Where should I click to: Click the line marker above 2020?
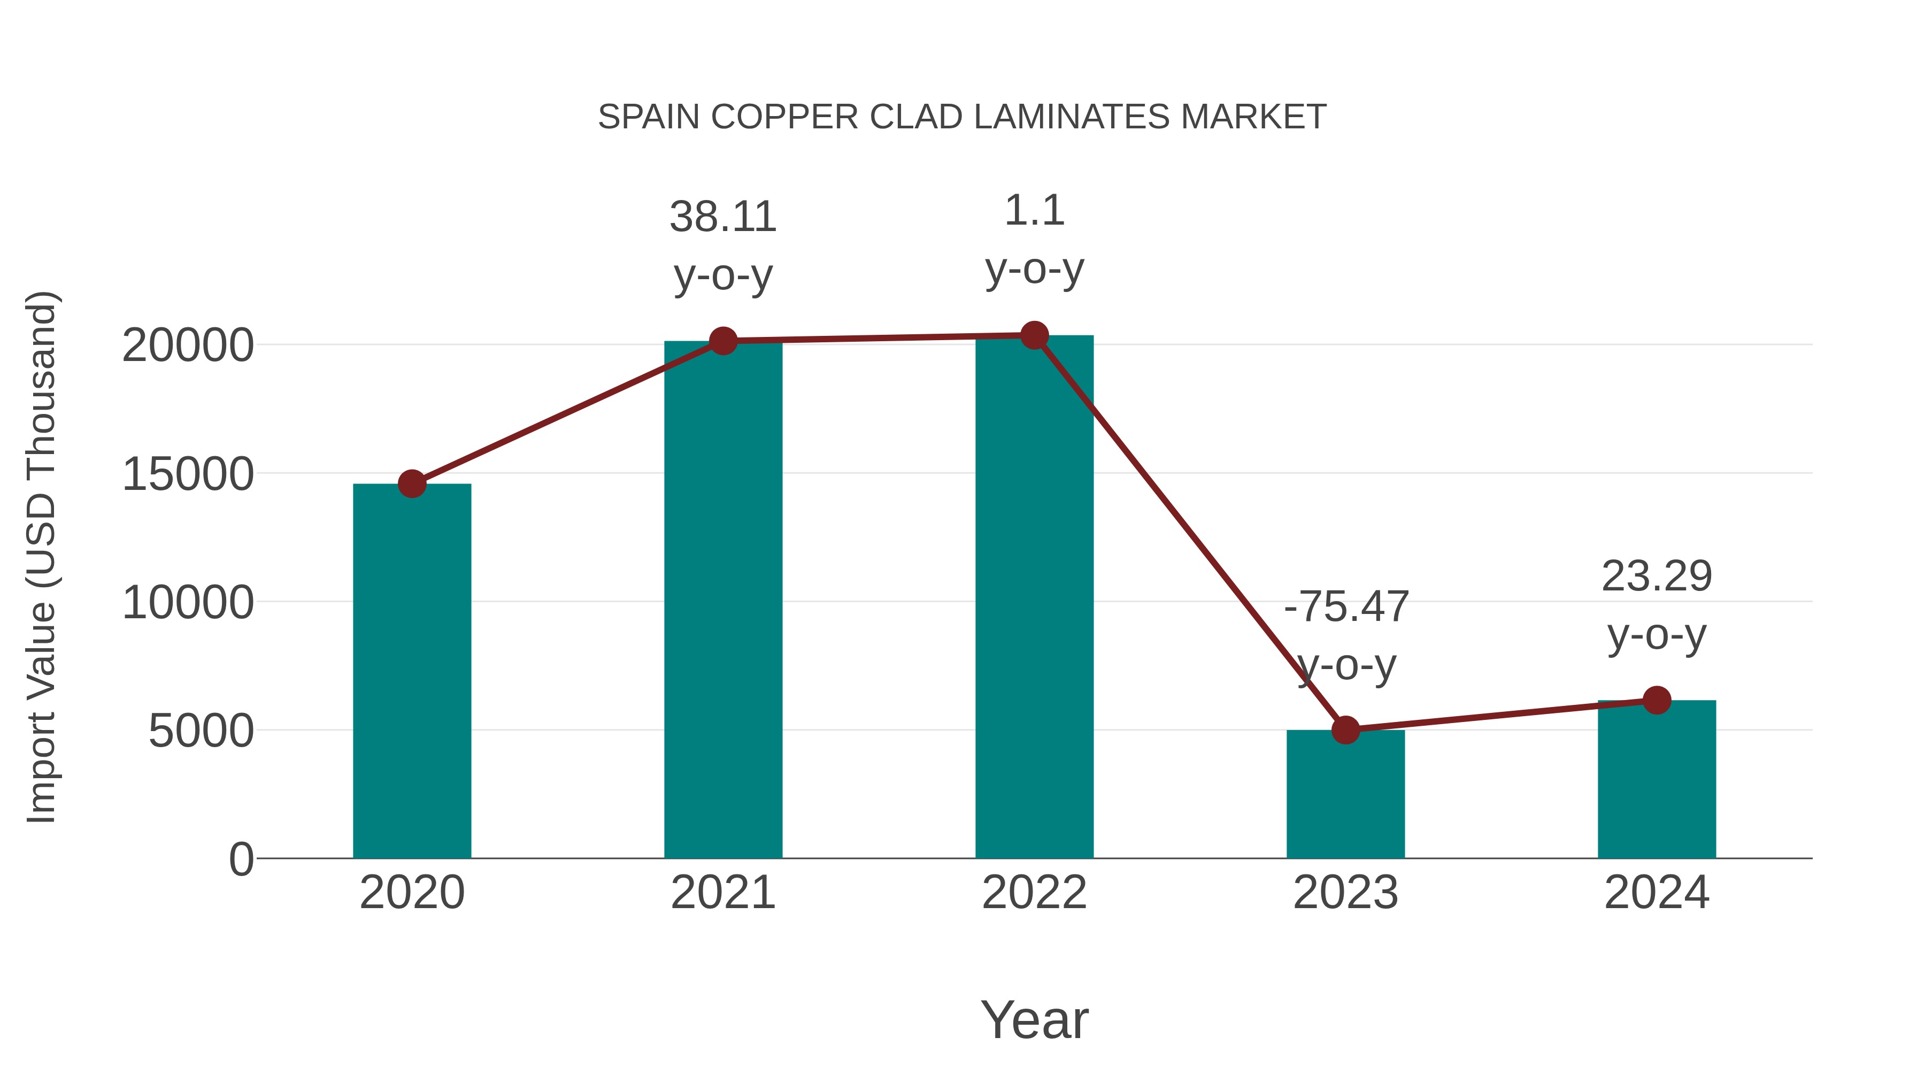(412, 483)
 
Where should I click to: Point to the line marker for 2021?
(722, 341)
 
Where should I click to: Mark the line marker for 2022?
(1034, 335)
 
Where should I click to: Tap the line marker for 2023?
(1345, 729)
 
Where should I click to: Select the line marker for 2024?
(1657, 700)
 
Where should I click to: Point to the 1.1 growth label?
(1034, 211)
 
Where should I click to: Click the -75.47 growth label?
(1346, 606)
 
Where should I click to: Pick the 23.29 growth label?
(1657, 576)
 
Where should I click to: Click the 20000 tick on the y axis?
(188, 345)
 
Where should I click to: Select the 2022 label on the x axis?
(1034, 893)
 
